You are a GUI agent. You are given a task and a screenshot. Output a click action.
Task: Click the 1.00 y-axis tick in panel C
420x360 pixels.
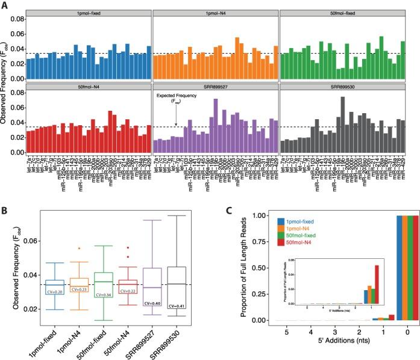[252, 215]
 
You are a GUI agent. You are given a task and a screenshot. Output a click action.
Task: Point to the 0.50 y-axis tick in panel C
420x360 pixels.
[252, 268]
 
